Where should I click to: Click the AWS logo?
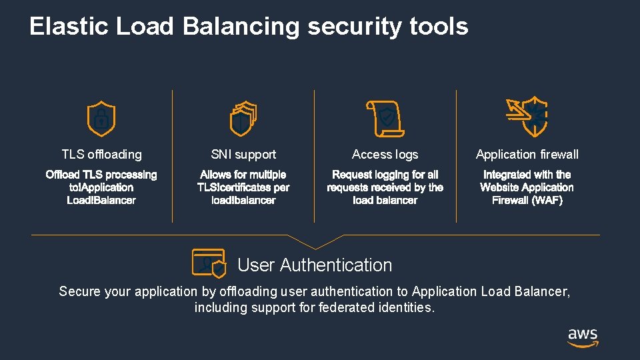pos(583,337)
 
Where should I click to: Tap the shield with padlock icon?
pos(101,119)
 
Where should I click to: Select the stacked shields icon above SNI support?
pos(243,119)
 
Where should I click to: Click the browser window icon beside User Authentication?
pos(209,263)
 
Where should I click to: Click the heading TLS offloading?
pos(101,154)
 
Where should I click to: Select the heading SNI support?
pos(243,154)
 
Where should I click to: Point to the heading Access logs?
pos(385,154)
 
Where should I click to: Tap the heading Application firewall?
pos(527,154)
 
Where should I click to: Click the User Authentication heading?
pos(315,265)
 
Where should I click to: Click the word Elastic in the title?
pos(69,27)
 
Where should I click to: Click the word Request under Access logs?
pos(352,175)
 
